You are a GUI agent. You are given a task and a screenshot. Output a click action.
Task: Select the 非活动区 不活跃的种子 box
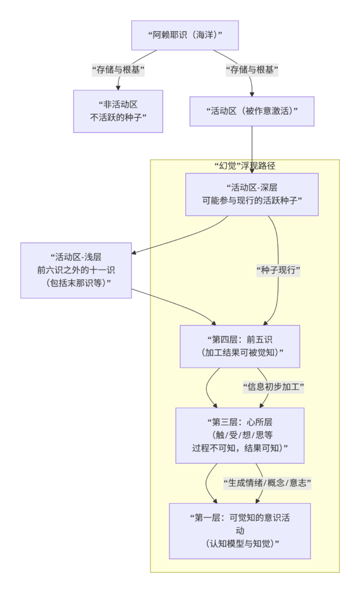pyautogui.click(x=118, y=111)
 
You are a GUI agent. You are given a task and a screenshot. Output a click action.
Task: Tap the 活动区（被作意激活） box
pyautogui.click(x=252, y=111)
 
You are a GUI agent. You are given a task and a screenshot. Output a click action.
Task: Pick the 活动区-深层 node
pyautogui.click(x=251, y=194)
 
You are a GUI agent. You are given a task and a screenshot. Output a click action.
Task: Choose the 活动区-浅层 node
pyautogui.click(x=76, y=270)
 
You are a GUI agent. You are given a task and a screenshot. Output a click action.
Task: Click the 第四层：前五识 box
pyautogui.click(x=240, y=346)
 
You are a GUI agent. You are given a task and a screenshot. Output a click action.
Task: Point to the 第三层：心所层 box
pyautogui.click(x=240, y=435)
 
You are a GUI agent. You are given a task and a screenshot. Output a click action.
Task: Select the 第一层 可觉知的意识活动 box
pyautogui.click(x=240, y=530)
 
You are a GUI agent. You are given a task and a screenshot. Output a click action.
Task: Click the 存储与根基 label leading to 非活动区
pyautogui.click(x=118, y=70)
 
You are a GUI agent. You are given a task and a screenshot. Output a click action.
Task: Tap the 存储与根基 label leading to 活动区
pyautogui.click(x=252, y=70)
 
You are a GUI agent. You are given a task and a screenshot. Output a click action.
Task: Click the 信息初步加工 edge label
pyautogui.click(x=274, y=387)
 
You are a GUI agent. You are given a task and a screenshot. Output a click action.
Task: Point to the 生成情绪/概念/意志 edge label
pyautogui.click(x=267, y=482)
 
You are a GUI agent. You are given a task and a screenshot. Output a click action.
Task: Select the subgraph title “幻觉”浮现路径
pyautogui.click(x=244, y=166)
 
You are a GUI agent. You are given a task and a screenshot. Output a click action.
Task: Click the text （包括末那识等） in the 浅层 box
pyautogui.click(x=76, y=283)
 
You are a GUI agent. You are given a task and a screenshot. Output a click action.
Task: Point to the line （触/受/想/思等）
pyautogui.click(x=240, y=435)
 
